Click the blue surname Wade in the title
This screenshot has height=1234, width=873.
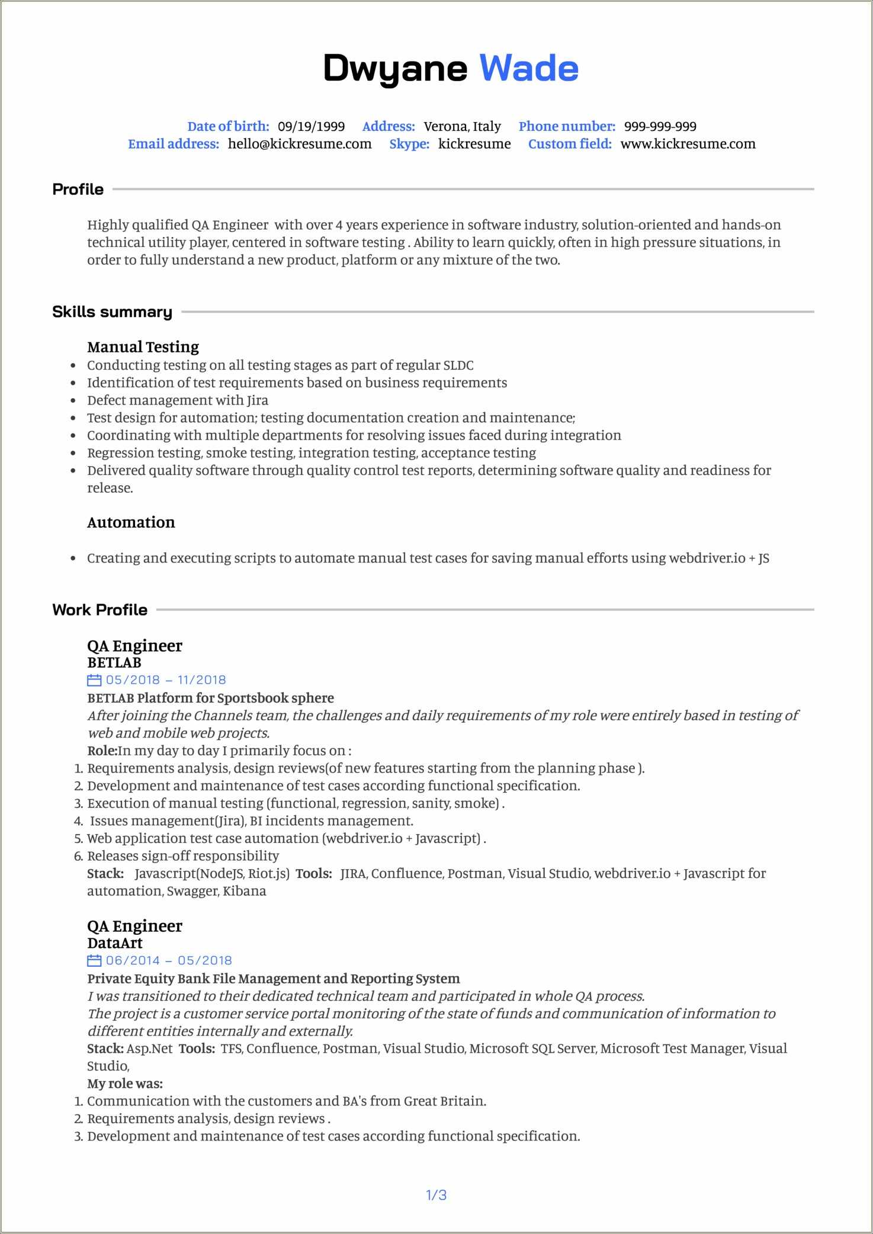click(x=528, y=68)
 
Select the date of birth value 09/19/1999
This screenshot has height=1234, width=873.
click(x=311, y=126)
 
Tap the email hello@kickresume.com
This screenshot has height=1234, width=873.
click(x=300, y=144)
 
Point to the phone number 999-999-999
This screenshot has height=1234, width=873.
click(x=660, y=126)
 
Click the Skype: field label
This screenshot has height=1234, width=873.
click(x=409, y=144)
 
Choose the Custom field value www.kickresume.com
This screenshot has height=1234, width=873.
click(x=688, y=144)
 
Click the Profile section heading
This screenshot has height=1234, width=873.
click(x=78, y=190)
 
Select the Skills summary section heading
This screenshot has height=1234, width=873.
click(x=112, y=312)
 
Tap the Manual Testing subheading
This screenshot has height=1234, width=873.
click(x=143, y=347)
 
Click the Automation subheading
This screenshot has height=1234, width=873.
click(x=131, y=523)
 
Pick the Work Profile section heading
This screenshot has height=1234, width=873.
click(x=100, y=610)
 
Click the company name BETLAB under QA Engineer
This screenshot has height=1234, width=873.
click(x=114, y=662)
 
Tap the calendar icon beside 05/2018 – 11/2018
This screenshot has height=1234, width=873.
click(x=94, y=680)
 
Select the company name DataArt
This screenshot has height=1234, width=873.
click(x=115, y=943)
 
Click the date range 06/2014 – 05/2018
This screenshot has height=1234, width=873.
click(x=168, y=960)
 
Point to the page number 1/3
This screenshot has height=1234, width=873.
click(x=436, y=1195)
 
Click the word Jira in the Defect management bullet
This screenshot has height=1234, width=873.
click(x=257, y=400)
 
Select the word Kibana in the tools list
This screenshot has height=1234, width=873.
click(x=244, y=891)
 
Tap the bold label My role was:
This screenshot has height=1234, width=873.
click(x=125, y=1084)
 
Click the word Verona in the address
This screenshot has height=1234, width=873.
click(x=445, y=126)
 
